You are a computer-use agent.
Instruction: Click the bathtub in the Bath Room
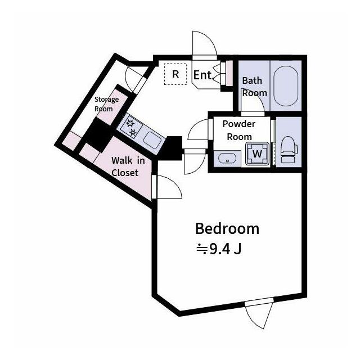pos(286,86)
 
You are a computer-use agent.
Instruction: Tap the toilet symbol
pos(289,150)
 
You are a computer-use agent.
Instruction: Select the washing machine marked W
pos(257,154)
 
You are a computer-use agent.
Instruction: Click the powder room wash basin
pos(227,159)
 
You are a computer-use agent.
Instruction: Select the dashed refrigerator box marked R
pos(175,74)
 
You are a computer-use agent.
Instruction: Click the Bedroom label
pos(227,229)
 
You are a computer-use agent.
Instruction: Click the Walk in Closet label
pos(128,166)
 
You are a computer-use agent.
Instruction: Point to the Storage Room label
pos(106,103)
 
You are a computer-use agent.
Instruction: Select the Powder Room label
pos(239,130)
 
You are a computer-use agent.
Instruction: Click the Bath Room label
pos(254,87)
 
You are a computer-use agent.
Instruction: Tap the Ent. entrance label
pos(202,75)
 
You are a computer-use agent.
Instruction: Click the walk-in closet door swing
pos(168,187)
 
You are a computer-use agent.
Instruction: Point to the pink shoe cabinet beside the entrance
pos(229,73)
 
